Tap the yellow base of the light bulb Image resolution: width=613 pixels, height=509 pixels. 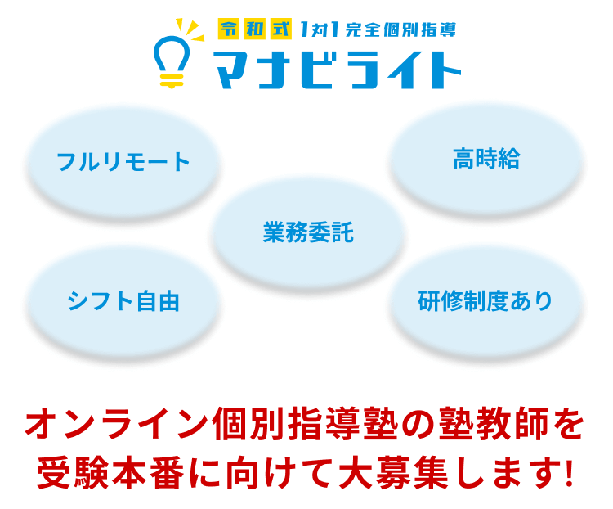tap(172, 81)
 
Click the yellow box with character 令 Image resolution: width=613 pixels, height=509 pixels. tap(229, 29)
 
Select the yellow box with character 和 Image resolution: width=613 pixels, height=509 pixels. tap(255, 29)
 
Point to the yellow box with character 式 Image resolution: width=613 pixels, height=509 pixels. tap(281, 29)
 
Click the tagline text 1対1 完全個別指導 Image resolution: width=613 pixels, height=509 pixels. tap(378, 29)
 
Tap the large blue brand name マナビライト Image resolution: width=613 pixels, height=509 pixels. tap(337, 70)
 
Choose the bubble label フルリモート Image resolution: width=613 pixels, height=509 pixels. tap(123, 162)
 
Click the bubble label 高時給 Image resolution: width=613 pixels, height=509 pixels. tap(486, 159)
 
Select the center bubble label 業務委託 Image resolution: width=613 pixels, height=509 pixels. tap(308, 232)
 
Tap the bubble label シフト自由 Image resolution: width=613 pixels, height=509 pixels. tap(123, 300)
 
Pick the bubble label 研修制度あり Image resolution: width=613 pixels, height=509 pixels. tap(485, 300)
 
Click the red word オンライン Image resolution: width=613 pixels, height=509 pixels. tap(117, 424)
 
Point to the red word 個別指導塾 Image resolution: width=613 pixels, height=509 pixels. tap(305, 424)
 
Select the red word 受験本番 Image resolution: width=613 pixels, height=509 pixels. tap(110, 473)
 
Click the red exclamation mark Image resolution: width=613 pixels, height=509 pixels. tap(569, 473)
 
